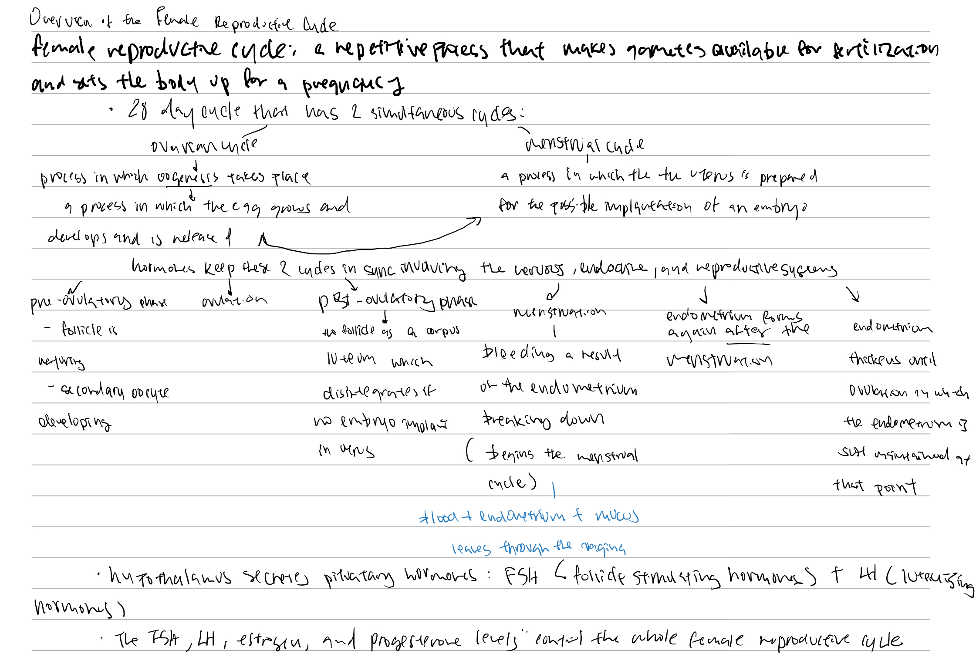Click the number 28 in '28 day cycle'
[138, 110]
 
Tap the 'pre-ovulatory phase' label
[98, 300]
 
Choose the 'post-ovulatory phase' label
[398, 300]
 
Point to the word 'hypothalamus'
[170, 577]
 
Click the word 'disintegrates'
[378, 393]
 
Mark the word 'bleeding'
[518, 353]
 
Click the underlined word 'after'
[747, 332]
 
